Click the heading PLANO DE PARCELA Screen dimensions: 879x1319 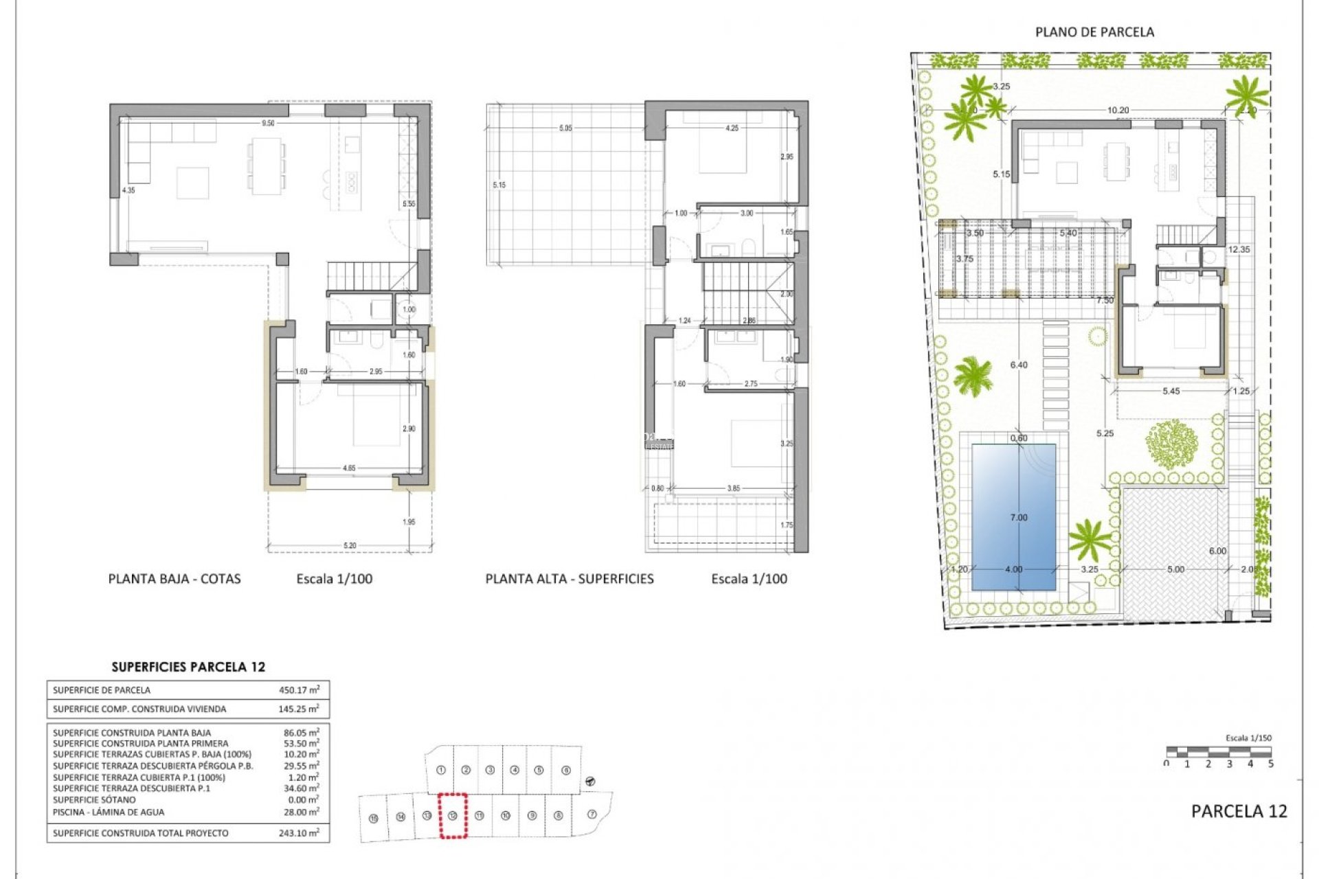click(x=1094, y=32)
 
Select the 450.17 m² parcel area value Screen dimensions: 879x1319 click(x=299, y=690)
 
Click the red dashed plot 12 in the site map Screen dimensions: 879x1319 click(x=453, y=815)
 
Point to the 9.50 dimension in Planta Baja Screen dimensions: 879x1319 click(x=268, y=124)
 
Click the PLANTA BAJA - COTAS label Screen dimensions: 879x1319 click(x=174, y=579)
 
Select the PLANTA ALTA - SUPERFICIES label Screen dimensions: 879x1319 click(x=570, y=579)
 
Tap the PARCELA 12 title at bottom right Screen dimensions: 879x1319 click(x=1239, y=811)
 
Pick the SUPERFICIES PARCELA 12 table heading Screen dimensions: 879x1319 click(x=188, y=667)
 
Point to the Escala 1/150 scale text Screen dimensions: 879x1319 click(x=1248, y=738)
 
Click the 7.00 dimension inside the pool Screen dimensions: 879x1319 click(x=1019, y=518)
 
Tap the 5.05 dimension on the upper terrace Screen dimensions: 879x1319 click(x=565, y=128)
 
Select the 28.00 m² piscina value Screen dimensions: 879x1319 click(x=301, y=812)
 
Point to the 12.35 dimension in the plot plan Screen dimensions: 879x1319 click(x=1239, y=250)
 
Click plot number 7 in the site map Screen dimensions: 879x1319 click(x=592, y=814)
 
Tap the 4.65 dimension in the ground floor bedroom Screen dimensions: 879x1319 click(x=349, y=468)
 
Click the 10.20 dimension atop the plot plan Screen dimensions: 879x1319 click(x=1118, y=110)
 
